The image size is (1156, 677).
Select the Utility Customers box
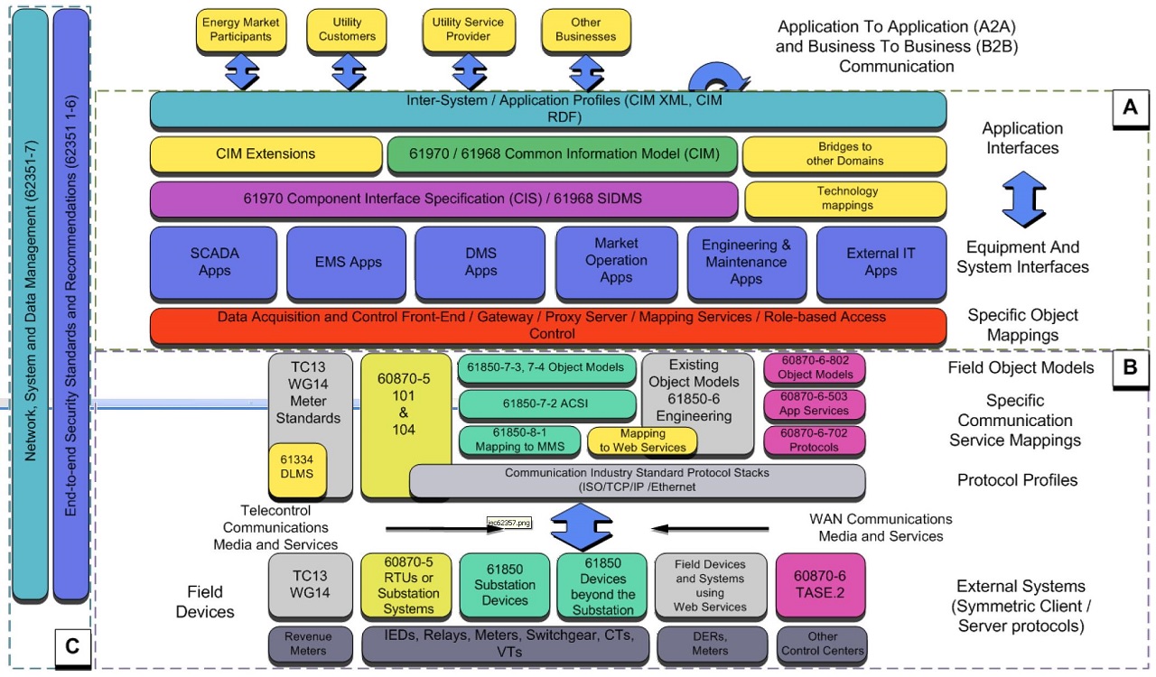pos(347,29)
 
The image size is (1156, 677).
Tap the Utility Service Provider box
pos(468,29)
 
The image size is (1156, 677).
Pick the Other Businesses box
pos(585,29)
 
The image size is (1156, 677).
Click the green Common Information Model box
pos(562,154)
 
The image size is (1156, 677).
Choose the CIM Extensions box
pos(266,154)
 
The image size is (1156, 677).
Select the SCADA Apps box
pos(215,262)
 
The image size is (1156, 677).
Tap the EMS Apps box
pos(348,263)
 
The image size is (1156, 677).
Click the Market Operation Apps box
pos(616,261)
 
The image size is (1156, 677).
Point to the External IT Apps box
pos(881,262)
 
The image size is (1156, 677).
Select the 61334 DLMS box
pos(298,469)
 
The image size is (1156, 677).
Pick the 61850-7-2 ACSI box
pos(547,403)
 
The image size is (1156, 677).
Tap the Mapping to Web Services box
pos(642,441)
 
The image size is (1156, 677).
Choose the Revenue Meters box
pos(309,644)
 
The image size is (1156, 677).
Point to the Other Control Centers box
pos(823,644)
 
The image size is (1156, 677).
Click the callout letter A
pos(1129,108)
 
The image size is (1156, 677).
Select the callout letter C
pos(72,646)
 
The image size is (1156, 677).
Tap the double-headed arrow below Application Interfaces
pos(1022,199)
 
